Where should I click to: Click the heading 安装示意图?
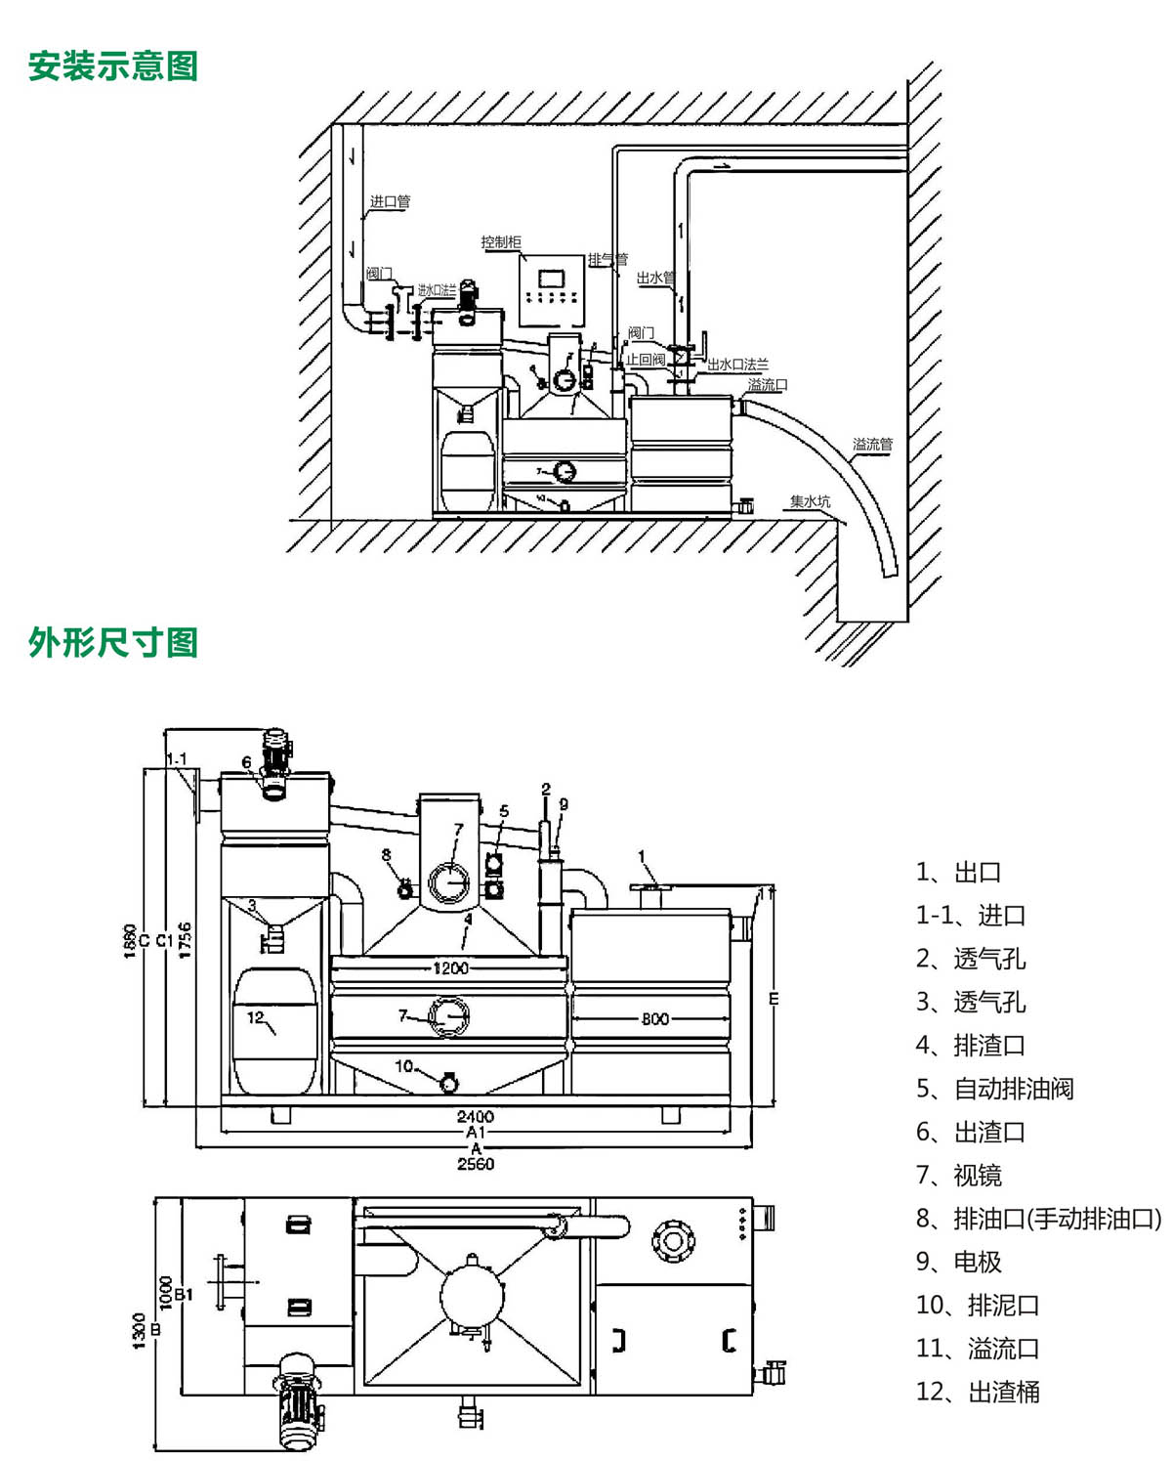112,65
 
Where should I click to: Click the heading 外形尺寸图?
112,642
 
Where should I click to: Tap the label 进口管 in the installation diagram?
390,201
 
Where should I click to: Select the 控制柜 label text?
501,241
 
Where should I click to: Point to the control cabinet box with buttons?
552,290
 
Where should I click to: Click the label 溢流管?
872,444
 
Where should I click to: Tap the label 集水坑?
810,501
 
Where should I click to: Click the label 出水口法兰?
737,365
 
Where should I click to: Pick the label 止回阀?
645,360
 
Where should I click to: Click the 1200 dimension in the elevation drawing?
450,967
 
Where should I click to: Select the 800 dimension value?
655,1018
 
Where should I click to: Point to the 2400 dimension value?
475,1116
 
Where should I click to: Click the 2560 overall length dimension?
476,1164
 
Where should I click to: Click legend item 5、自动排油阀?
994,1088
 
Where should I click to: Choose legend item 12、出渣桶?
978,1391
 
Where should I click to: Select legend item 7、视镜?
959,1175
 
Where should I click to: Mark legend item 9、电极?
959,1261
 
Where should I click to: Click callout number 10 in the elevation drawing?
403,1065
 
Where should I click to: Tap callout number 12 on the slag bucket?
255,1017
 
